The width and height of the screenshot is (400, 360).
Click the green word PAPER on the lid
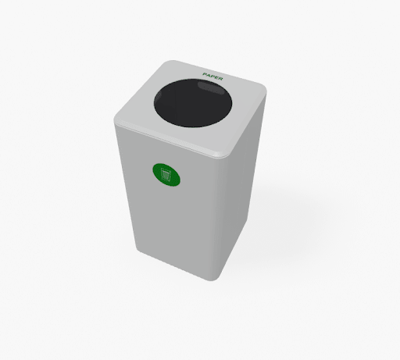click(x=212, y=77)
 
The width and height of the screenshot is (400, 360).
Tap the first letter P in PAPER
click(x=205, y=74)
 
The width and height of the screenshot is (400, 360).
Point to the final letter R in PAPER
click(x=220, y=79)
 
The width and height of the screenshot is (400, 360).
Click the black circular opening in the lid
click(x=193, y=103)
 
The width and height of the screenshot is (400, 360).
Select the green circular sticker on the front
click(x=166, y=175)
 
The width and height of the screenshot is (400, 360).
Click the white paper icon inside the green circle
click(x=166, y=175)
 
